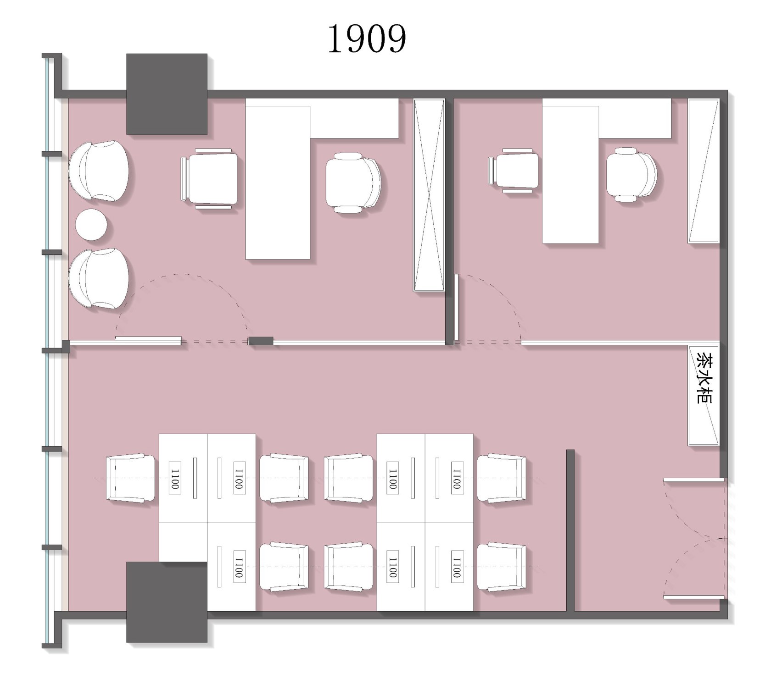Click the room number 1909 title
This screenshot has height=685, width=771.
pyautogui.click(x=367, y=39)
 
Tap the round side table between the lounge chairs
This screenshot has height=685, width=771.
pyautogui.click(x=91, y=224)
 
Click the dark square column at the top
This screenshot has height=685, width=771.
pyautogui.click(x=167, y=94)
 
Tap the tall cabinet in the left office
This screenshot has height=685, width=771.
pyautogui.click(x=429, y=195)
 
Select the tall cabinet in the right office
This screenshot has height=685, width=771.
pyautogui.click(x=703, y=171)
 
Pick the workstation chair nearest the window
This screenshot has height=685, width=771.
pyautogui.click(x=131, y=478)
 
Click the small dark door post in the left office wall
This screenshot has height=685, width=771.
pyautogui.click(x=261, y=341)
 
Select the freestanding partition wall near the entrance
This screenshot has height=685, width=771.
pyautogui.click(x=570, y=530)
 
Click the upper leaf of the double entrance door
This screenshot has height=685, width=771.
pyautogui.click(x=694, y=480)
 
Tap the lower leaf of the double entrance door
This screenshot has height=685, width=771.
pyautogui.click(x=694, y=597)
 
